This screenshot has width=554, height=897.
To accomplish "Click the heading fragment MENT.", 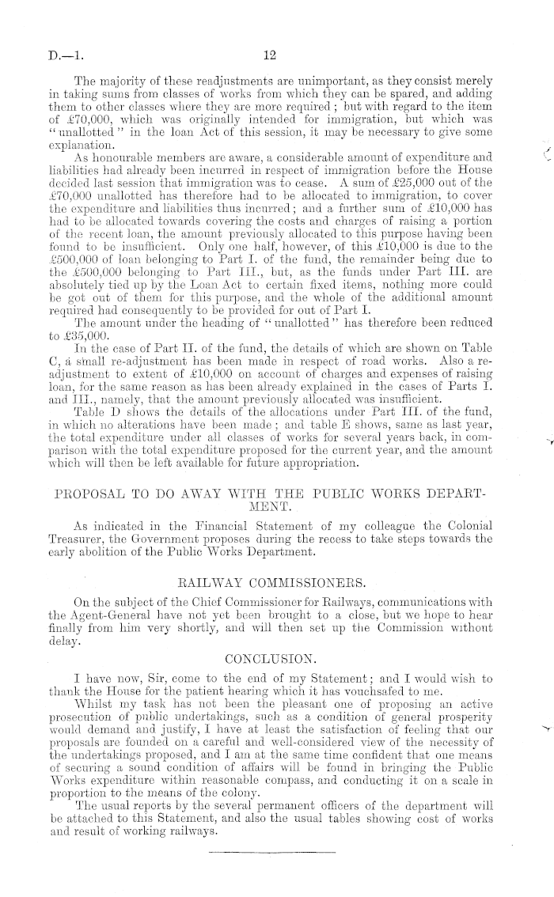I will pyautogui.click(x=270, y=511).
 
